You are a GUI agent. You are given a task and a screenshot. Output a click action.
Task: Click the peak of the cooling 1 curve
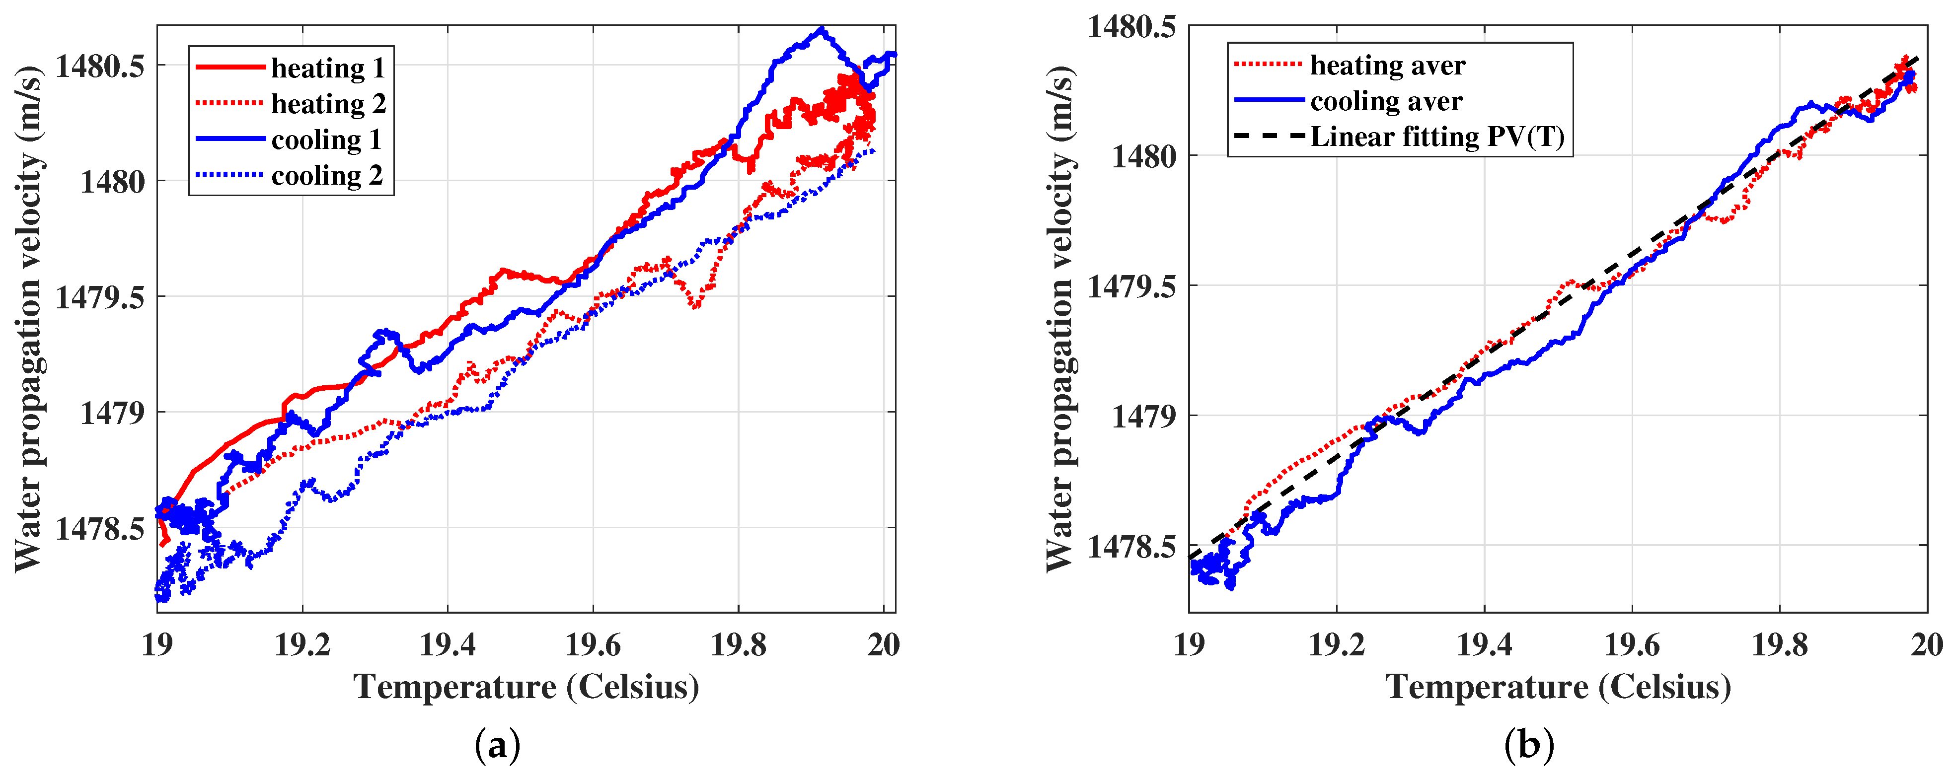(x=821, y=30)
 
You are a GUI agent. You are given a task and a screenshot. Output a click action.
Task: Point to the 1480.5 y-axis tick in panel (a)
(x=99, y=67)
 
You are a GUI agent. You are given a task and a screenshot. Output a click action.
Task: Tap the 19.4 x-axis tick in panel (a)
(x=448, y=644)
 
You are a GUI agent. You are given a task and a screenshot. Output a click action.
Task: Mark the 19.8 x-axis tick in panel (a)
(x=738, y=644)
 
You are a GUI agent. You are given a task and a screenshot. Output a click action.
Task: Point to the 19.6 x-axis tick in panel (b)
(x=1632, y=644)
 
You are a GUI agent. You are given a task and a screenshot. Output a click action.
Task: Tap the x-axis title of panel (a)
(x=526, y=687)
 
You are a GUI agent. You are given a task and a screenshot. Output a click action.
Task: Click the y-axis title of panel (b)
(x=1059, y=319)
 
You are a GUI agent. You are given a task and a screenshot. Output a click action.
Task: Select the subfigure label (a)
(x=498, y=746)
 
